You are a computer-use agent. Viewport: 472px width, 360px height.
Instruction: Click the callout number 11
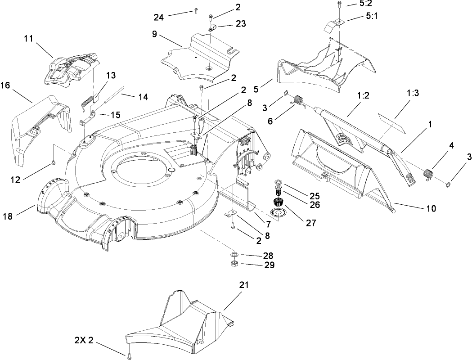coord(29,39)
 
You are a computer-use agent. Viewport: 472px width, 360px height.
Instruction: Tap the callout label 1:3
coord(412,93)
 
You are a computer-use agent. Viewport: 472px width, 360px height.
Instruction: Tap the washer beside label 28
coord(234,255)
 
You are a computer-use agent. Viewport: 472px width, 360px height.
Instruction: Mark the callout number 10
coord(431,208)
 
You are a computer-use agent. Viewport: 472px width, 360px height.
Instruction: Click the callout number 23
coord(241,24)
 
